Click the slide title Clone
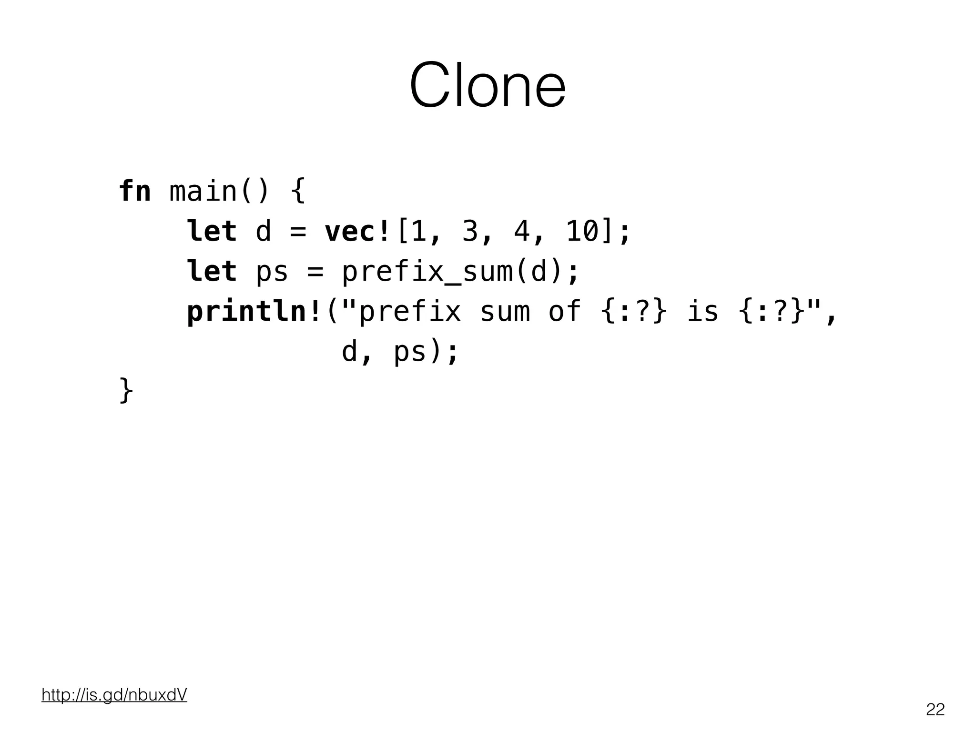(488, 86)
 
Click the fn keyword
(135, 192)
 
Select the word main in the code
(203, 192)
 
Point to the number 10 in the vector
(582, 232)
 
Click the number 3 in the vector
(470, 232)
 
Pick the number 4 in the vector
(521, 232)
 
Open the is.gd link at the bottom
(114, 695)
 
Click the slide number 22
(935, 710)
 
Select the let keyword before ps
(212, 272)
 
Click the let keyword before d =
(212, 232)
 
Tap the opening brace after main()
(298, 192)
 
